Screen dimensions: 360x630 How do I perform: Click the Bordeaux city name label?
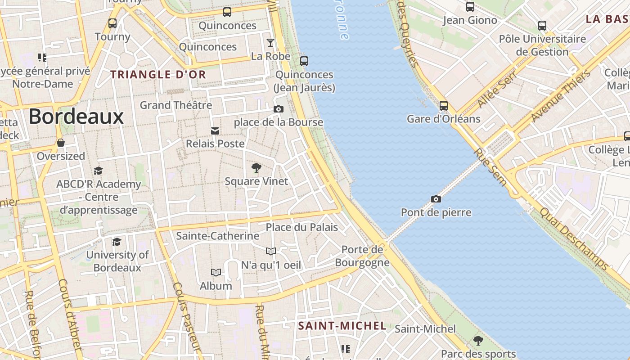click(x=76, y=117)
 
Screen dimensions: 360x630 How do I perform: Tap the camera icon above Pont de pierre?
click(x=436, y=199)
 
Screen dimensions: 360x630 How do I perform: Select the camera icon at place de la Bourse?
click(x=279, y=109)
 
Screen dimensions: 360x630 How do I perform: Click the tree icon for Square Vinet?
click(x=256, y=168)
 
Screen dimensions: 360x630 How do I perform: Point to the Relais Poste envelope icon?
click(x=215, y=131)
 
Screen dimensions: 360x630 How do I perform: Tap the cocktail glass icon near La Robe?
click(x=270, y=43)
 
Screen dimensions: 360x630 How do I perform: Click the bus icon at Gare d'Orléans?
click(x=443, y=106)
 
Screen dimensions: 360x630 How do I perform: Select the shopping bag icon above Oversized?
click(x=60, y=143)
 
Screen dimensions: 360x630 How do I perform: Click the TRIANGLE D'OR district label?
click(x=158, y=75)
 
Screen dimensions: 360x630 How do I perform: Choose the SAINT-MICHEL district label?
click(x=342, y=326)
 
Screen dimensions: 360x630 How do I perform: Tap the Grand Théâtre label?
click(x=175, y=105)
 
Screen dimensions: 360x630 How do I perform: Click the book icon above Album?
click(x=216, y=272)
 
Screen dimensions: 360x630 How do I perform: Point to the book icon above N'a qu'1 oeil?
click(x=270, y=251)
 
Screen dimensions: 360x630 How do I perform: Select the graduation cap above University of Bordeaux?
click(x=117, y=242)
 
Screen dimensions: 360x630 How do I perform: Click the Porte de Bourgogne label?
click(x=362, y=256)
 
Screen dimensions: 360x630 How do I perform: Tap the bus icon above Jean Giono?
click(x=470, y=7)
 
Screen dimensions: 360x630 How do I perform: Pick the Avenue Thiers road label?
click(x=560, y=96)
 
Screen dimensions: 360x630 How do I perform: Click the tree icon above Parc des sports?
click(x=478, y=340)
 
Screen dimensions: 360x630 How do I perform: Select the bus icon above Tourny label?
click(x=112, y=23)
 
